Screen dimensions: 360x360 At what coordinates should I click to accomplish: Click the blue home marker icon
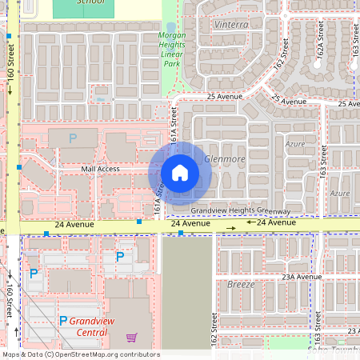click(180, 173)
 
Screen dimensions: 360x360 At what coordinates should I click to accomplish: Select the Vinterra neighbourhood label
click(232, 24)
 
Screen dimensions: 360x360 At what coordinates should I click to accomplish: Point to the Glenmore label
click(225, 159)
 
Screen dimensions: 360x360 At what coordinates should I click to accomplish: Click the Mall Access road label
click(100, 169)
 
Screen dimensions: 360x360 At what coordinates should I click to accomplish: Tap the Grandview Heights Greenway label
click(240, 210)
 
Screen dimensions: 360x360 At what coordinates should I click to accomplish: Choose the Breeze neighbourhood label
click(241, 284)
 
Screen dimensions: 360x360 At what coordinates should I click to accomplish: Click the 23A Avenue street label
click(301, 276)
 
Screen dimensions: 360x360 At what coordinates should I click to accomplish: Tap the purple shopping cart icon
click(131, 338)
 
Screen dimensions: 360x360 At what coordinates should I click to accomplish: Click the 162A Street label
click(322, 54)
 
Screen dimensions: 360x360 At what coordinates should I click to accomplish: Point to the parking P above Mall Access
click(73, 138)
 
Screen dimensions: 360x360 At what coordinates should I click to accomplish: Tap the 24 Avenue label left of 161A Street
click(74, 225)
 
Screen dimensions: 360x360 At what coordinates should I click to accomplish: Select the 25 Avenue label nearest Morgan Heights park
click(223, 97)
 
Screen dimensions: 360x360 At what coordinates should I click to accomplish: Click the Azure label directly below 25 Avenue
click(295, 144)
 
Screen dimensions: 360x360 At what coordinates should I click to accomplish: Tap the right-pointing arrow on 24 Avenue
click(230, 229)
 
